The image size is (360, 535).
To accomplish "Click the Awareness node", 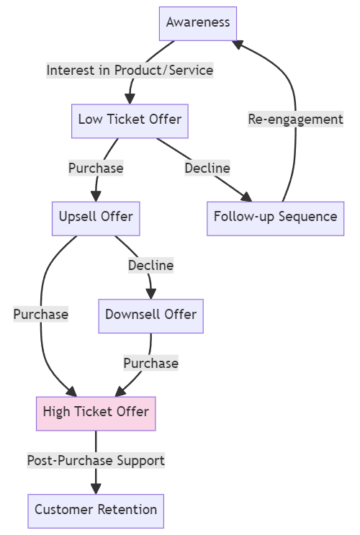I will click(198, 22).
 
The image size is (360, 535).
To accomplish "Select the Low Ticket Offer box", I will click(130, 120).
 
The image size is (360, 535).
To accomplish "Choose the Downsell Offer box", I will click(150, 315).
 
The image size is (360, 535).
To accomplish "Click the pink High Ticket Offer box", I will click(96, 413).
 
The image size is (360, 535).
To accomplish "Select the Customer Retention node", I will click(96, 511).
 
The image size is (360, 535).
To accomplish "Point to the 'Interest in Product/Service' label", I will click(130, 71).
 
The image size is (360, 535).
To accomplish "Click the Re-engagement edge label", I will click(295, 120).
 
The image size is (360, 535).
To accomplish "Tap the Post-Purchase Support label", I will click(96, 461).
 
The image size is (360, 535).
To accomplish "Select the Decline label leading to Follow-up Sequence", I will click(207, 168).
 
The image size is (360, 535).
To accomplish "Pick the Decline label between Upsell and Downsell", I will click(150, 266).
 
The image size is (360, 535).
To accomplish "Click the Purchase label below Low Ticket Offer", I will click(96, 168).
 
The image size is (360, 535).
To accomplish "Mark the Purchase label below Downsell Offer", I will click(150, 364).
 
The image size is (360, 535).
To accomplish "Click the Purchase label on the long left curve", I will click(40, 315).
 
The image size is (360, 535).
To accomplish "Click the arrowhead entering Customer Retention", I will click(96, 489).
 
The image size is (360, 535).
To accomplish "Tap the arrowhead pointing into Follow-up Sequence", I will click(246, 197).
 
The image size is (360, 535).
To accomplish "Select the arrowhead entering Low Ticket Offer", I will click(130, 98).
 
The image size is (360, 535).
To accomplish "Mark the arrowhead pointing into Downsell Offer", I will click(150, 294).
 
